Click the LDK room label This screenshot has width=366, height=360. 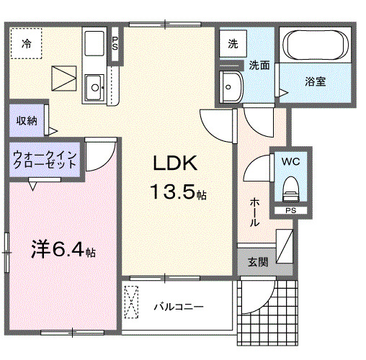coord(174,163)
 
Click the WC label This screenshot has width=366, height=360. coord(291,161)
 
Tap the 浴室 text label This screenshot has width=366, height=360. coord(315,81)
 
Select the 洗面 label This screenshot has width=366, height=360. coord(259,66)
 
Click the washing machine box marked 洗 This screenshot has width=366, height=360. coord(233,44)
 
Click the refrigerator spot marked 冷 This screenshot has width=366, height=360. coord(26,44)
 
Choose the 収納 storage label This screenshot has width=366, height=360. coord(27,121)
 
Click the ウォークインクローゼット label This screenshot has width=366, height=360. coord(45,159)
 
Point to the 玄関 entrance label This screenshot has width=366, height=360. coord(258,263)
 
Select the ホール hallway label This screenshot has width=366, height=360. coord(255,213)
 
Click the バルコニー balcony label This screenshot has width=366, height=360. coord(178,307)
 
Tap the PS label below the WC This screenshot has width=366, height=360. coord(290,210)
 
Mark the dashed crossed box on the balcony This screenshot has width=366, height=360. coord(133,301)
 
